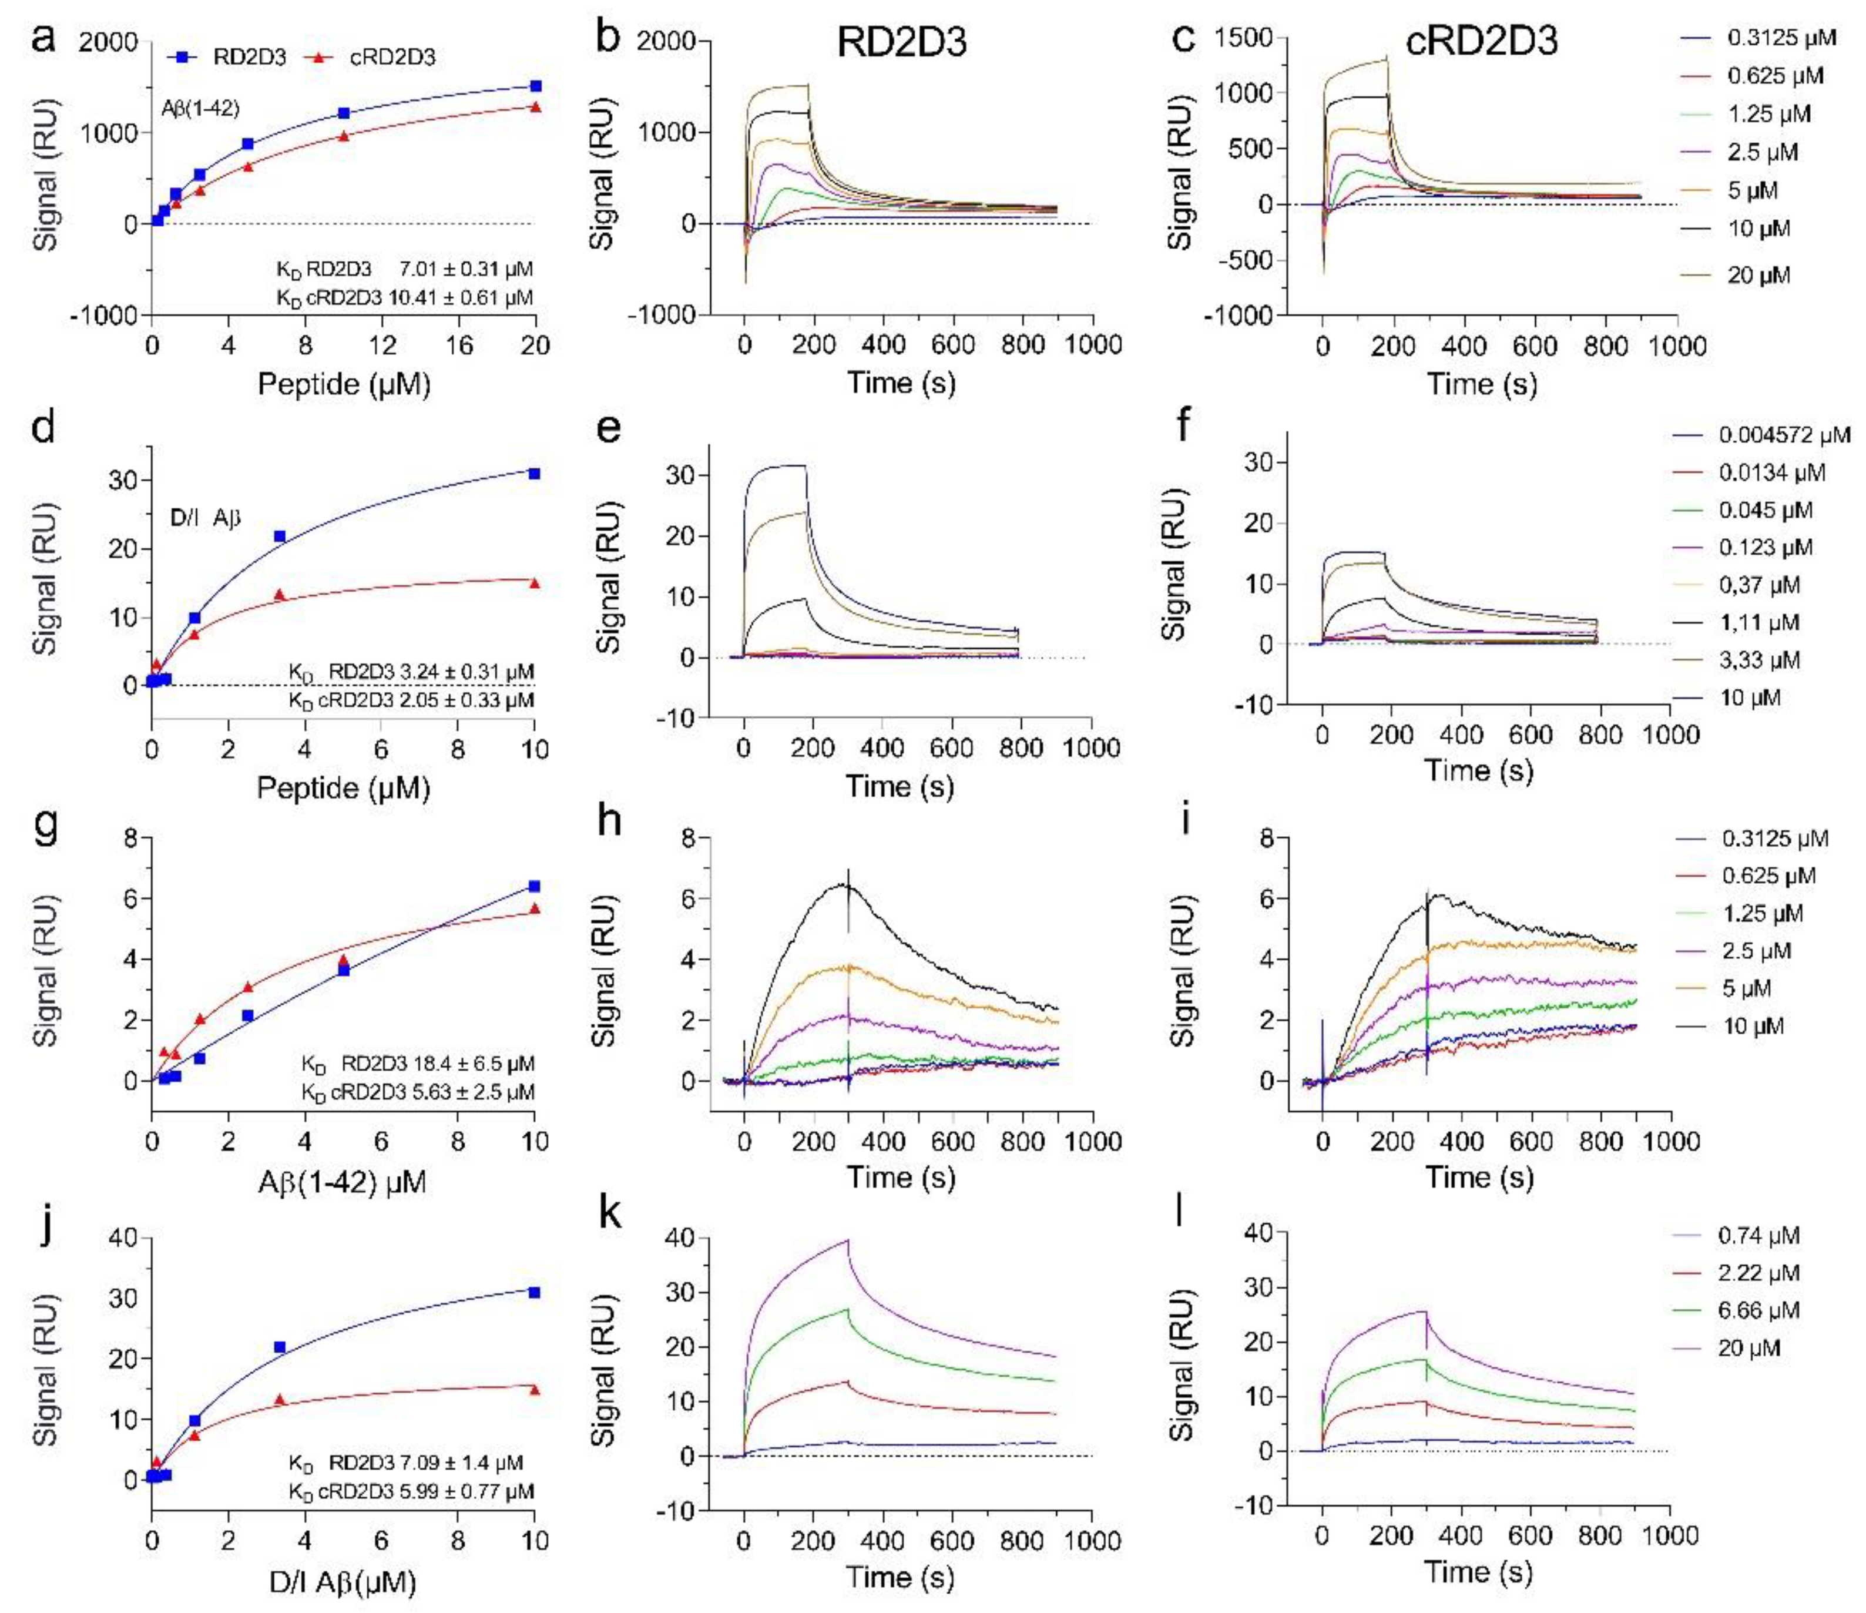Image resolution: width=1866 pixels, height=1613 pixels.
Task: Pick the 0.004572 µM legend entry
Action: tap(1765, 435)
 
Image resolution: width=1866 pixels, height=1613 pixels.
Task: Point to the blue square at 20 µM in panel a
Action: tap(536, 86)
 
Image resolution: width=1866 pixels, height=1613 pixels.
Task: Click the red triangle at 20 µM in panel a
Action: tap(536, 107)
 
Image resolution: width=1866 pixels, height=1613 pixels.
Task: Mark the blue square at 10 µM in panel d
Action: tap(535, 474)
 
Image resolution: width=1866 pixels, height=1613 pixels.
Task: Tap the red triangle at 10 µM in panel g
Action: tap(535, 908)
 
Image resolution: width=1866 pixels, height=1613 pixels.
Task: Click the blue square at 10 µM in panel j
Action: tap(535, 1292)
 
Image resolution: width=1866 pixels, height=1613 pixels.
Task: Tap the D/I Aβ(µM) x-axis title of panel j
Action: tap(342, 1581)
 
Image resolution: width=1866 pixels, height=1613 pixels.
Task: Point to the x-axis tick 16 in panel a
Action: tap(459, 345)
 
